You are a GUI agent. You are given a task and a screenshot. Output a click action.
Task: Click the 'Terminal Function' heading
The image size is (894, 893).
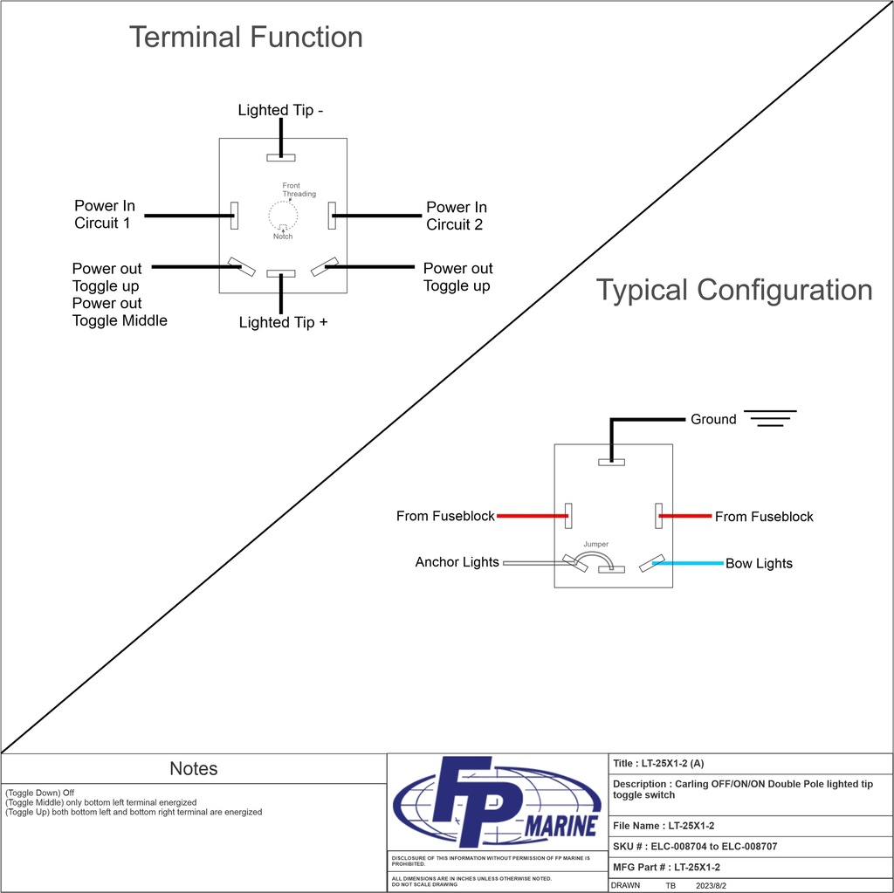pyautogui.click(x=245, y=38)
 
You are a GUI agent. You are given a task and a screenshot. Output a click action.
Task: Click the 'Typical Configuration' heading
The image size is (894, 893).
pyautogui.click(x=733, y=291)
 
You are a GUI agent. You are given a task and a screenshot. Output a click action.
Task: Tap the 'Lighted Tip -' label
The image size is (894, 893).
pyautogui.click(x=280, y=110)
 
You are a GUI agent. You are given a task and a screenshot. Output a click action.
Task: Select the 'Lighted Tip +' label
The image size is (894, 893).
pyautogui.click(x=283, y=323)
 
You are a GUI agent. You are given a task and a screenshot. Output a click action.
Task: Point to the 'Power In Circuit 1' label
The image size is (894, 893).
pyautogui.click(x=104, y=215)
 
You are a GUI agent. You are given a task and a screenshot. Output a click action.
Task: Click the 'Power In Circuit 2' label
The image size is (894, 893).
pyautogui.click(x=456, y=216)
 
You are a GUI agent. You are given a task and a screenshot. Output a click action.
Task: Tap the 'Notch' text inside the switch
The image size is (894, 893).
pyautogui.click(x=282, y=237)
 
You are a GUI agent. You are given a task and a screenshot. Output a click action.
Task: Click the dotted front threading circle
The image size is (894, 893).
pyautogui.click(x=283, y=213)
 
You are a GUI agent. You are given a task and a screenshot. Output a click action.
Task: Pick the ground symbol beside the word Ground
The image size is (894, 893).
pyautogui.click(x=769, y=418)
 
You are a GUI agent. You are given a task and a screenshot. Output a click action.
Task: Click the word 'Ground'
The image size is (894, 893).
pyautogui.click(x=713, y=420)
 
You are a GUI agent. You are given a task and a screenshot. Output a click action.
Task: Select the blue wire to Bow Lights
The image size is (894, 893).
pyautogui.click(x=688, y=563)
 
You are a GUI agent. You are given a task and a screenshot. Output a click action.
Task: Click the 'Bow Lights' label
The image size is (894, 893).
pyautogui.click(x=759, y=564)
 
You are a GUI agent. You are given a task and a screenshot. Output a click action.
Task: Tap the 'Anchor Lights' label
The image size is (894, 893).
pyautogui.click(x=457, y=562)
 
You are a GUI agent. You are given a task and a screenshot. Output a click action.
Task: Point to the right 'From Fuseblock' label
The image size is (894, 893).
pyautogui.click(x=764, y=517)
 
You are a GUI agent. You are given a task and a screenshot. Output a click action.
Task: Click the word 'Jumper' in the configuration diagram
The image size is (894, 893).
pyautogui.click(x=596, y=545)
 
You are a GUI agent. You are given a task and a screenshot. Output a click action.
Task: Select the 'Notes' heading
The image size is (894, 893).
pyautogui.click(x=194, y=769)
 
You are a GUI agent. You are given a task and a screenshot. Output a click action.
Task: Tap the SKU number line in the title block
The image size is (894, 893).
pyautogui.click(x=695, y=847)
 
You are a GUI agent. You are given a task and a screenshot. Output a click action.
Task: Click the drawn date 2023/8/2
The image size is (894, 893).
pyautogui.click(x=711, y=885)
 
